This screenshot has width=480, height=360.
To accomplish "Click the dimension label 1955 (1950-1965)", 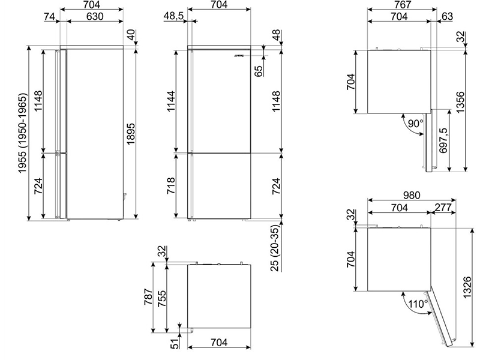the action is (x=23, y=133).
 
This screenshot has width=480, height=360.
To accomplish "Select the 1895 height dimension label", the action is (x=131, y=134).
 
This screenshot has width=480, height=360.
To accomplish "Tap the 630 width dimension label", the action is (x=95, y=16).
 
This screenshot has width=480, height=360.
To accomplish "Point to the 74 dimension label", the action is (x=49, y=16).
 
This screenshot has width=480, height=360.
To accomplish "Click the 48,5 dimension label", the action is (x=173, y=16).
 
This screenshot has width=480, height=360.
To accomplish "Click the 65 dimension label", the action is (x=259, y=71).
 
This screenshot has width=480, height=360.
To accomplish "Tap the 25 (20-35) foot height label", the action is (x=276, y=248).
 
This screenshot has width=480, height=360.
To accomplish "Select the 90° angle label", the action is (x=416, y=124).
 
